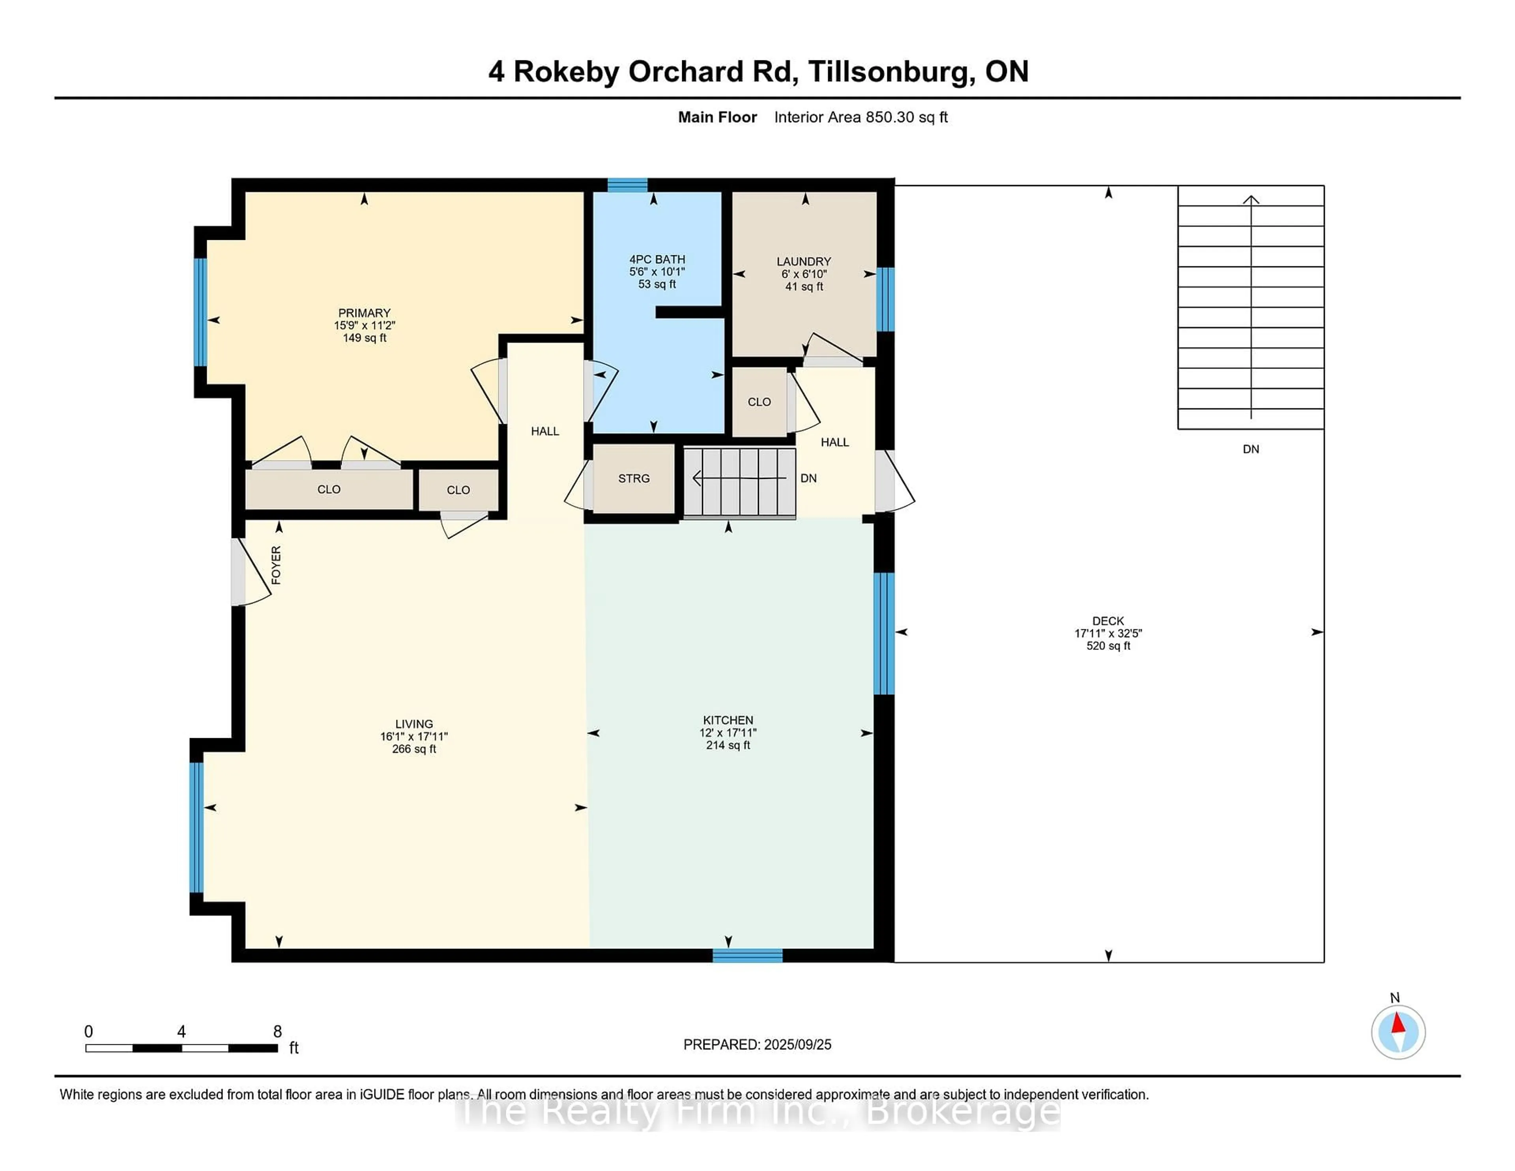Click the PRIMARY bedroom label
(x=364, y=313)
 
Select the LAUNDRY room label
(x=803, y=262)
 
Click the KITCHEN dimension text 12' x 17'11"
(x=728, y=733)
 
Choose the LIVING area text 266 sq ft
(x=414, y=749)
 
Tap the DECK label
(x=1108, y=621)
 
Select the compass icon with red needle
(x=1398, y=1032)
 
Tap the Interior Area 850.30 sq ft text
(x=861, y=117)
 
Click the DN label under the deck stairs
(x=1251, y=449)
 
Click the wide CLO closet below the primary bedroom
(x=329, y=490)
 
